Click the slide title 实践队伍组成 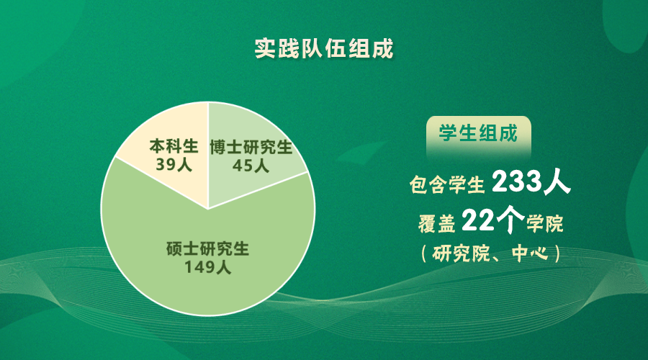tap(323, 49)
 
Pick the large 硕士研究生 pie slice tap(208, 256)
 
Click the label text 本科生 tap(174, 146)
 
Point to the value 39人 tap(174, 164)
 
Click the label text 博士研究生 tap(251, 148)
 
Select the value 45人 tap(251, 166)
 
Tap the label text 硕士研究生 tap(207, 249)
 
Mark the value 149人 tap(207, 267)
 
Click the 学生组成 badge tap(479, 134)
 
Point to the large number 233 tap(517, 181)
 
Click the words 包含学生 tap(446, 184)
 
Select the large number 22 tap(478, 221)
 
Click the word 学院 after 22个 tap(545, 224)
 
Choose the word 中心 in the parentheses tap(530, 253)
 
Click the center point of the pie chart tap(208, 209)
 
